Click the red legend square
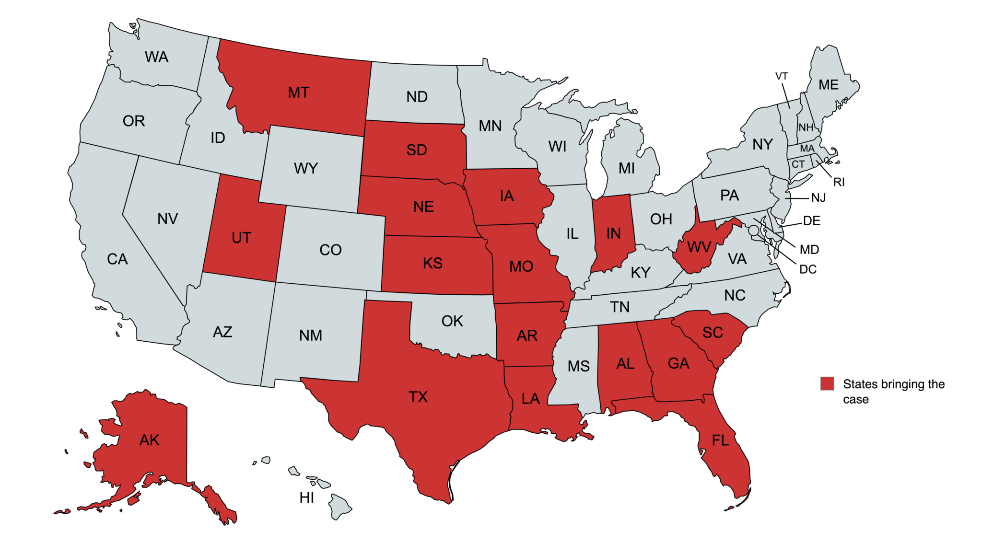point(827,383)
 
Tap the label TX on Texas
point(418,397)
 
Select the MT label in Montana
point(298,92)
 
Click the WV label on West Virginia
point(699,247)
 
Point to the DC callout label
point(807,269)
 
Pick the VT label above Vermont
point(781,76)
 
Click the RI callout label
point(839,182)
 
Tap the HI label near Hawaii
point(306,498)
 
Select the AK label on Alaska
point(149,440)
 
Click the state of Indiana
point(613,233)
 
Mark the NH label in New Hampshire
point(806,127)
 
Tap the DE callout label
point(811,221)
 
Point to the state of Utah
point(241,238)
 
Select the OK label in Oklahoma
point(452,321)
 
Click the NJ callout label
point(818,198)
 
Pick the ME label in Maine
point(828,85)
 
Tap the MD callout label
point(809,250)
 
